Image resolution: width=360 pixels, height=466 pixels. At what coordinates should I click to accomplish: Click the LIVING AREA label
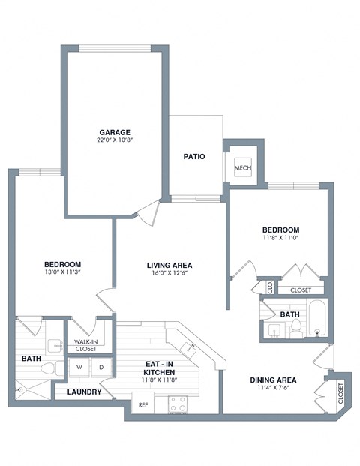[169, 265]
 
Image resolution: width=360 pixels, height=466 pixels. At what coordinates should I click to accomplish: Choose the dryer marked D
[101, 367]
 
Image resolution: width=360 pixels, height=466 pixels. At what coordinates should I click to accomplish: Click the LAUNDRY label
[84, 392]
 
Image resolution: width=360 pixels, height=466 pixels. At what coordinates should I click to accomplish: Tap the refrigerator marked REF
[142, 404]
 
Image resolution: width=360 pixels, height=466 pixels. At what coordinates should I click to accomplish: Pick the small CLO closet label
[269, 286]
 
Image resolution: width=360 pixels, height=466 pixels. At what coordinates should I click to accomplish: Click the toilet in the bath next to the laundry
[51, 368]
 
